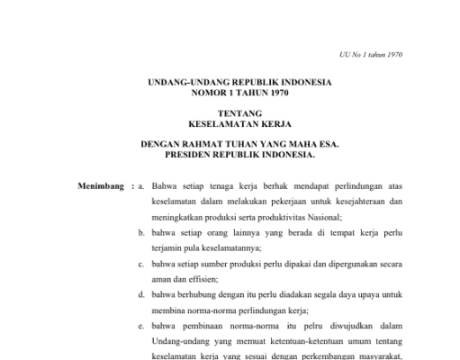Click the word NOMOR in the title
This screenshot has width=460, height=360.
(x=206, y=92)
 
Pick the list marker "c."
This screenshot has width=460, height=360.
(x=141, y=265)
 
